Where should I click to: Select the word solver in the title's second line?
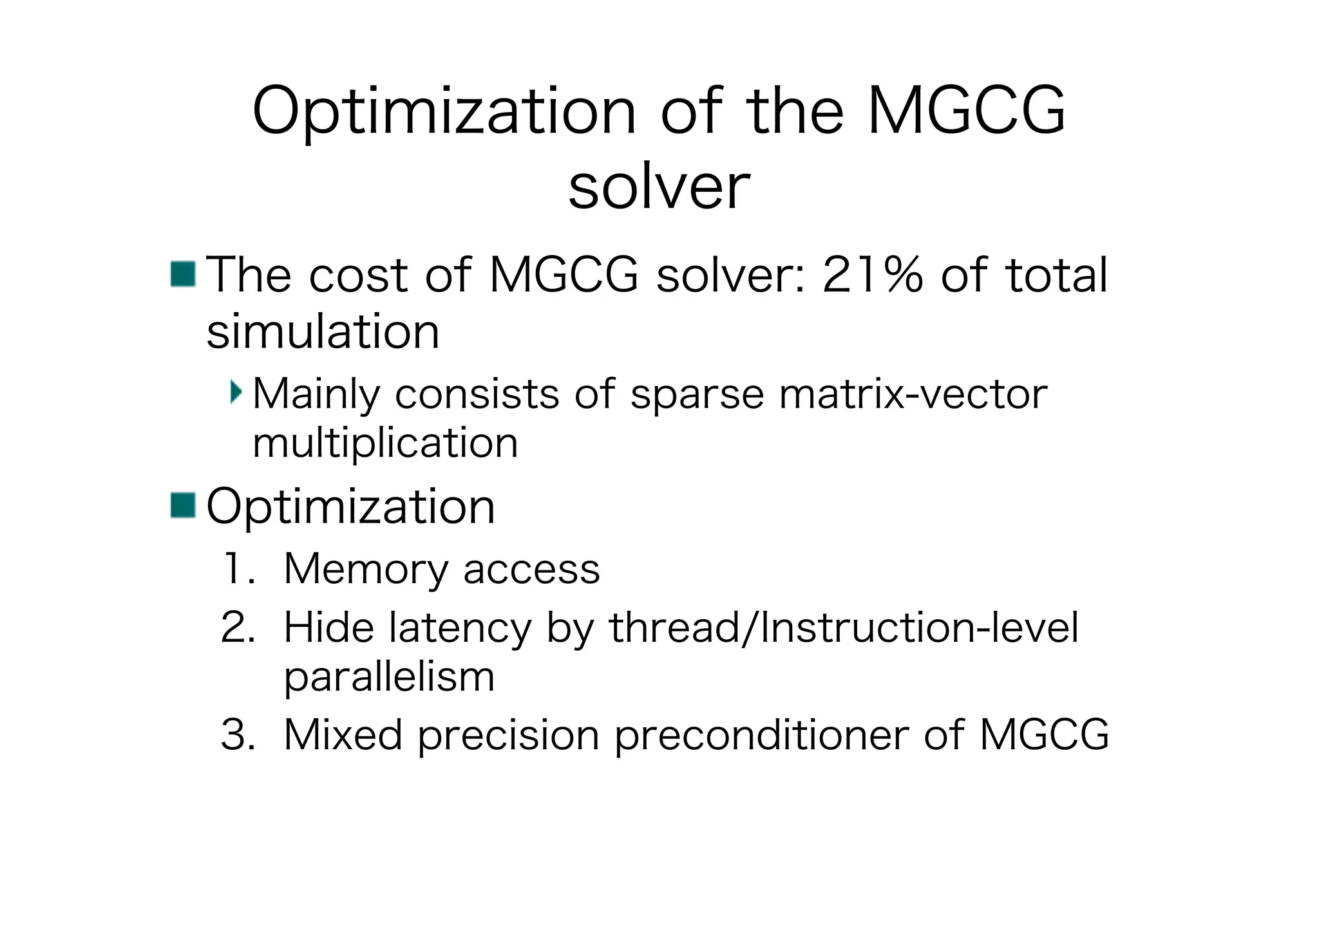click(659, 187)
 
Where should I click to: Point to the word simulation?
click(323, 331)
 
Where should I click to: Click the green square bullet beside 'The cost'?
click(183, 274)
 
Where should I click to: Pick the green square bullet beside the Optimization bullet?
click(183, 505)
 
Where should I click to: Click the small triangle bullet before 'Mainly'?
click(236, 391)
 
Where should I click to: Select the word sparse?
click(697, 394)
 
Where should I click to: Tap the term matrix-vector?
click(913, 394)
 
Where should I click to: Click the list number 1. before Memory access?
click(238, 569)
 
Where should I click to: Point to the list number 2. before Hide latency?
click(238, 628)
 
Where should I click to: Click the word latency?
click(460, 628)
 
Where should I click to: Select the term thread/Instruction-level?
click(844, 628)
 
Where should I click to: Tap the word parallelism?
click(389, 677)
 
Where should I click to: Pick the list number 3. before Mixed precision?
click(238, 734)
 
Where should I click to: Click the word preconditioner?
click(762, 735)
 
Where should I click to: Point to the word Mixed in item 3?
click(343, 734)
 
